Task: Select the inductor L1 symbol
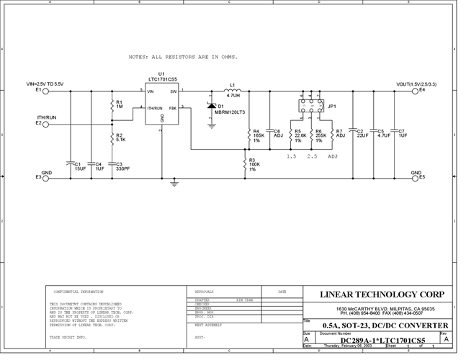tap(233, 91)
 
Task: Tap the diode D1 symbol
tap(212, 106)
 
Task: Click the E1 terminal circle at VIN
tap(45, 91)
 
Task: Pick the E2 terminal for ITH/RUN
tap(45, 123)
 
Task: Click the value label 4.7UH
tap(233, 96)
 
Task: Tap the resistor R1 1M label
tap(120, 104)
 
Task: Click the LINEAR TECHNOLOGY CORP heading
tap(381, 294)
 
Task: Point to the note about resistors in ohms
tap(182, 56)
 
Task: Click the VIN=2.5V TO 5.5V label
tap(45, 84)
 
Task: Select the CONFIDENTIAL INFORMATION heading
tap(79, 292)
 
